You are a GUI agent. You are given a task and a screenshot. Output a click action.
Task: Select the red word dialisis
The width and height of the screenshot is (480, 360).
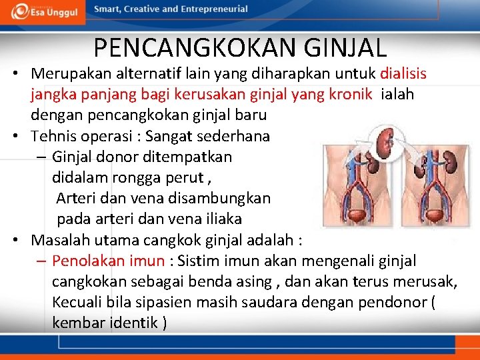coord(403,73)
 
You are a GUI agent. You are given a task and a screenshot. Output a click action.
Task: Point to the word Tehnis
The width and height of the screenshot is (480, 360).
coord(53,136)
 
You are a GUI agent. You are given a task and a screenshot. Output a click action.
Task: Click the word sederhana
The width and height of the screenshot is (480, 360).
coord(237,136)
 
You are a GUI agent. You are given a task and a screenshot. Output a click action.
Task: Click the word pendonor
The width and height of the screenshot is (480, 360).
coord(391,302)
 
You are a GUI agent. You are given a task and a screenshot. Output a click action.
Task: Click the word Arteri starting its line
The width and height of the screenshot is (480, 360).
coord(75,198)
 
